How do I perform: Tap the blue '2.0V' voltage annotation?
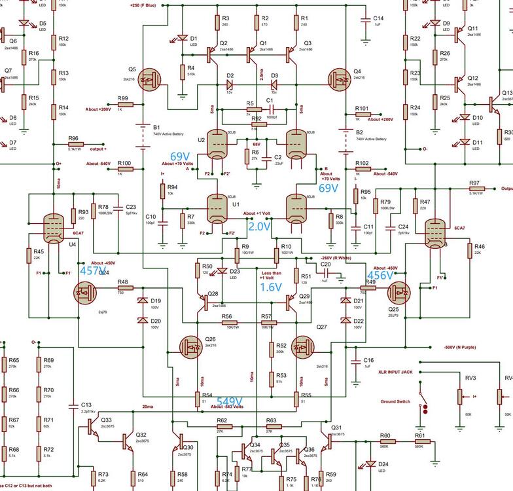(258, 226)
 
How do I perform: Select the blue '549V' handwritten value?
(230, 401)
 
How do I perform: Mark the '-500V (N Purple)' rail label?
(465, 347)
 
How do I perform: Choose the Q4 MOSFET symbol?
(340, 79)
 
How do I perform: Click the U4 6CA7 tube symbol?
(51, 230)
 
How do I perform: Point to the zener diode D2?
(230, 84)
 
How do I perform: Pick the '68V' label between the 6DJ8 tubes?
(256, 144)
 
